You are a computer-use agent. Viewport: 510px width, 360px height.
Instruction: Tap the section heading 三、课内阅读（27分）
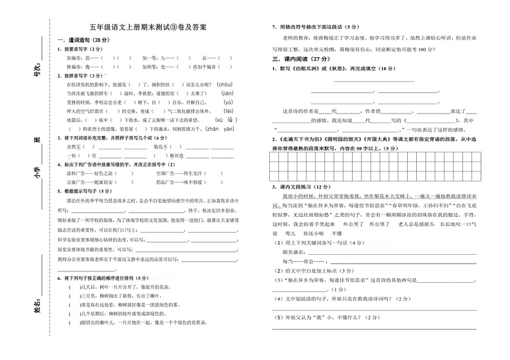click(x=301, y=58)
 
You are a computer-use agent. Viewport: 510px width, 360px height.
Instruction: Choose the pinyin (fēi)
click(x=228, y=110)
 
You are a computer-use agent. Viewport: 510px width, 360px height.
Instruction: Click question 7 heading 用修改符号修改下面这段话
click(x=315, y=27)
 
